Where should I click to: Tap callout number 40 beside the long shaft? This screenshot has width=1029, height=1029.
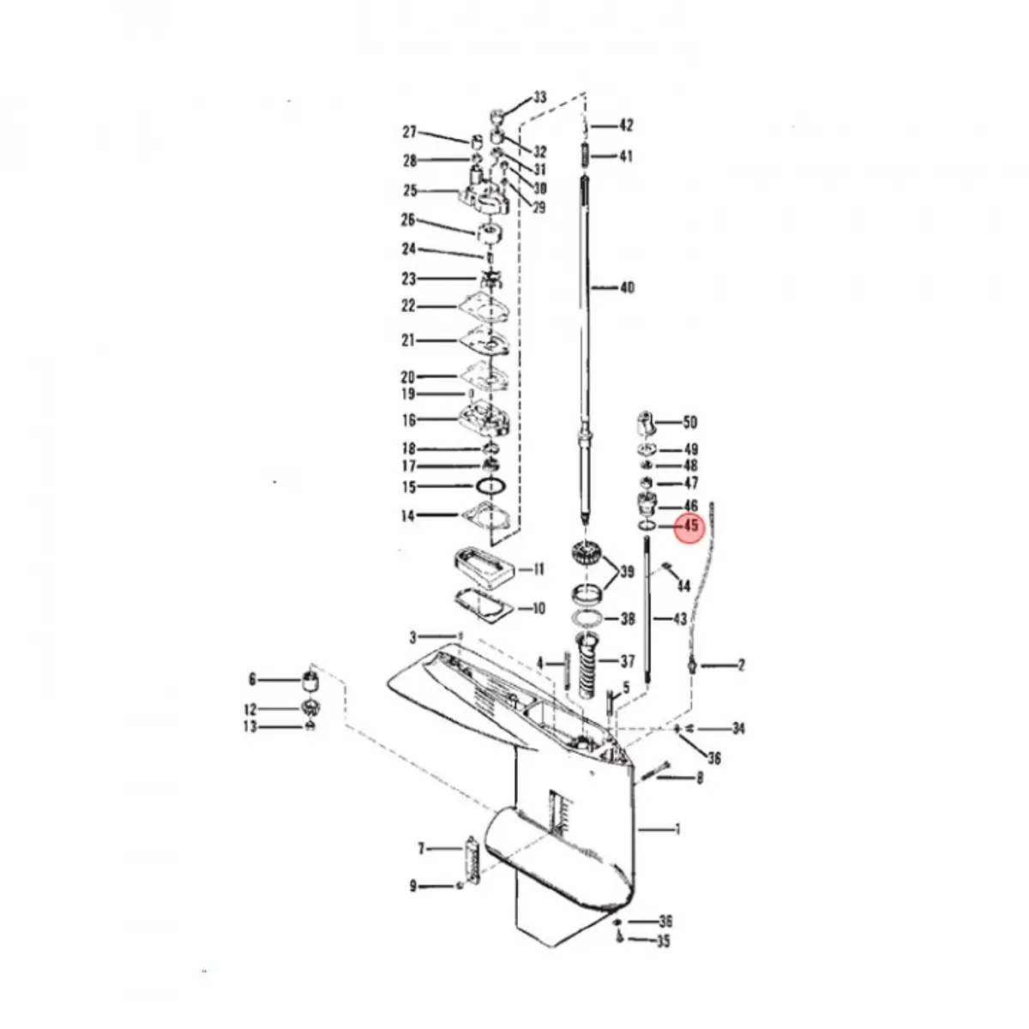tap(627, 288)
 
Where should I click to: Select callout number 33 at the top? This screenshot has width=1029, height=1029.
tap(539, 98)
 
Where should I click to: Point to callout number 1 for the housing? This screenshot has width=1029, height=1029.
tap(677, 829)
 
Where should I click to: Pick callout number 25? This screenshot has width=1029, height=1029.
tap(410, 190)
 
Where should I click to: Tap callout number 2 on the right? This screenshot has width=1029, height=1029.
tap(741, 665)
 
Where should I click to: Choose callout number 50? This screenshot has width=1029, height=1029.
tap(689, 422)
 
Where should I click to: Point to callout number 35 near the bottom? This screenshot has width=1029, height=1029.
tap(664, 941)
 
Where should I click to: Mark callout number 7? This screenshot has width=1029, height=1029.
tap(421, 849)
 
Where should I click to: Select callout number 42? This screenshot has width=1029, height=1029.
tap(626, 126)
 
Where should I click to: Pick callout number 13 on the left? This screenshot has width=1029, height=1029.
tap(250, 727)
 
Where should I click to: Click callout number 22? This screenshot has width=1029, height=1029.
tap(408, 306)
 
